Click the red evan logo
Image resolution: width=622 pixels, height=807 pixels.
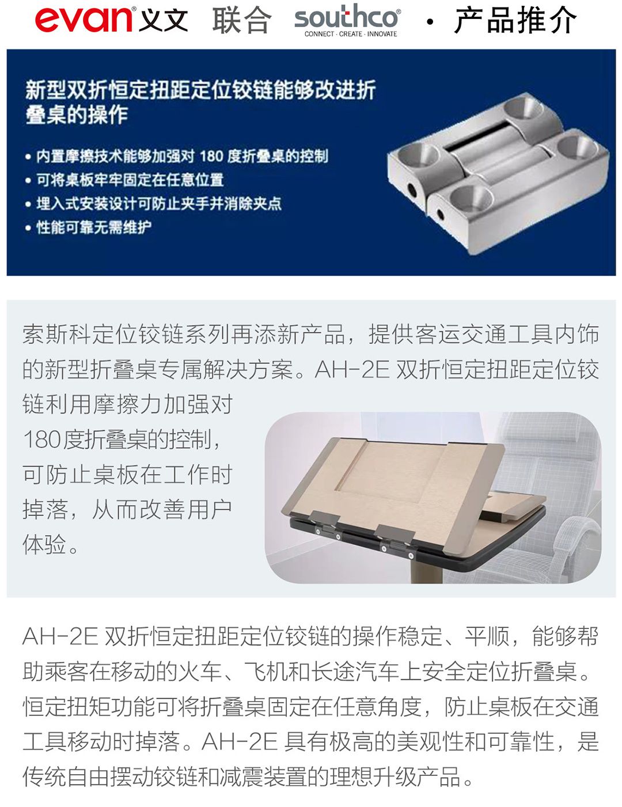[84, 19]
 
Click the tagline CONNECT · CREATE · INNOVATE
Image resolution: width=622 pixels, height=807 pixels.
[351, 34]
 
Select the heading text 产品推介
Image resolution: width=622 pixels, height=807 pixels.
[515, 20]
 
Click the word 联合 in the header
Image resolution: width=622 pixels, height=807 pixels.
[241, 20]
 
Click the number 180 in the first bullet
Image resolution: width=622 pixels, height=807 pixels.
[211, 156]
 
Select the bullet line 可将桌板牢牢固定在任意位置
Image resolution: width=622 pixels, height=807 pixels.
[130, 180]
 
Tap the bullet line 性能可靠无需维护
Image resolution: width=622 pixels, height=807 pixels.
[94, 228]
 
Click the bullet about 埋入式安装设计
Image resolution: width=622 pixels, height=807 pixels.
[159, 203]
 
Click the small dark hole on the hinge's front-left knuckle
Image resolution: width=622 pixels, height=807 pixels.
[412, 191]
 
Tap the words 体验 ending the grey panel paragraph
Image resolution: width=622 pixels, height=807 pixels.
[44, 544]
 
